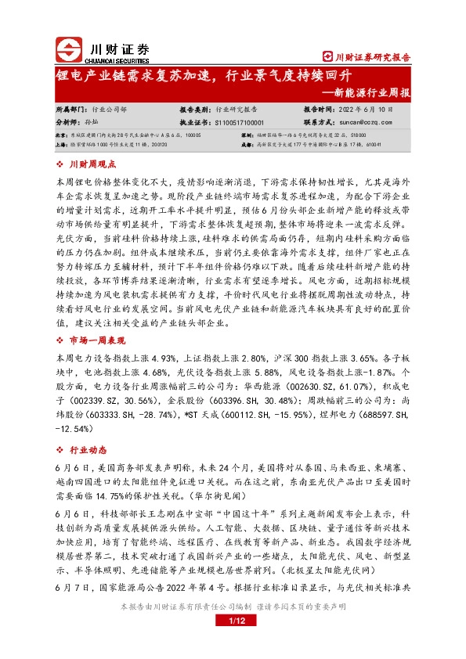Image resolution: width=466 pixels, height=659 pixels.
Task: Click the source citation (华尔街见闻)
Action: click(x=221, y=495)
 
